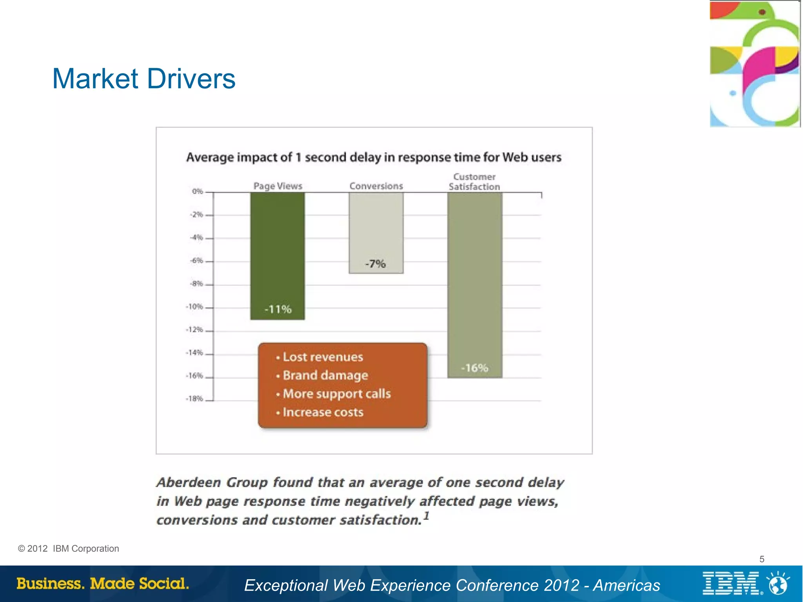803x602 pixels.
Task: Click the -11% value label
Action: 278,309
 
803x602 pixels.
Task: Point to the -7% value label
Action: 375,264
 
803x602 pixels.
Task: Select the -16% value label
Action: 474,368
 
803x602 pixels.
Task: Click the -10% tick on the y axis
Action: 194,307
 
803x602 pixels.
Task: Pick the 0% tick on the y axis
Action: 197,191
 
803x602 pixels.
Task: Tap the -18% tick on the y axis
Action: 194,399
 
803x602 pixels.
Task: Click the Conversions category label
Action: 376,186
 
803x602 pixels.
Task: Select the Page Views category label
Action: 278,186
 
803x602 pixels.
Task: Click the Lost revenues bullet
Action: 323,357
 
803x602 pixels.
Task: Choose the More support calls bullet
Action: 336,394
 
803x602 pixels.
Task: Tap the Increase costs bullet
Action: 323,412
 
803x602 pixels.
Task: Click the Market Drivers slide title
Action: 144,79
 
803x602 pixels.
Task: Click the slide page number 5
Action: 761,559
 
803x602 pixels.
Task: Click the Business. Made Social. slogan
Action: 103,584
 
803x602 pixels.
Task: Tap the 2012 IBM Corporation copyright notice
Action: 69,549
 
